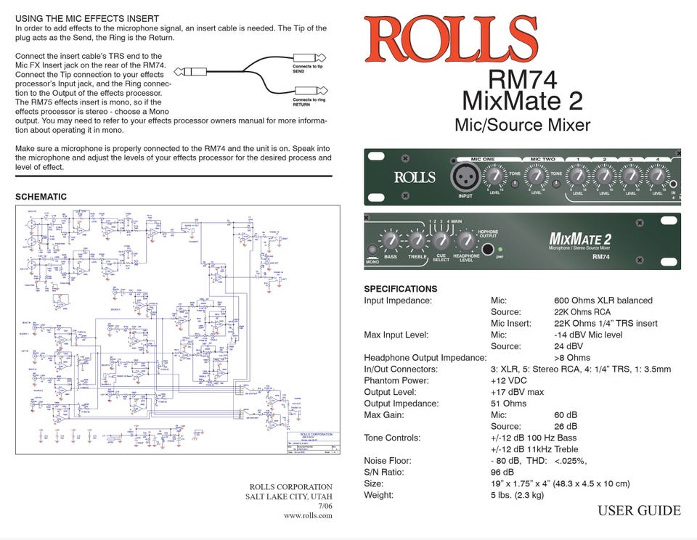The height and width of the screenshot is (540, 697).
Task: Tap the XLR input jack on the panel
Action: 465,176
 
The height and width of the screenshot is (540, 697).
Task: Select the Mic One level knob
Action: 495,175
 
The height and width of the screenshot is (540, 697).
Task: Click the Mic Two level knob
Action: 536,175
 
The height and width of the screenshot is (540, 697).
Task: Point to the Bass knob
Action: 391,240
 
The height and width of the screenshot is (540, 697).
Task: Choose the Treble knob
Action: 417,240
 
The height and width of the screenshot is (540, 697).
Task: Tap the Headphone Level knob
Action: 465,240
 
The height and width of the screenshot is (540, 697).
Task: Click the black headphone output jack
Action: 489,251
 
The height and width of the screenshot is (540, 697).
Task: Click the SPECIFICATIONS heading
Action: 400,288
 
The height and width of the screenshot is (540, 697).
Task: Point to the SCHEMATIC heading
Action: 41,197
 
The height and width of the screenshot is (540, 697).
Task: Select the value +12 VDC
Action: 508,380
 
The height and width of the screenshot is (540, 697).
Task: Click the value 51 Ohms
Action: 508,404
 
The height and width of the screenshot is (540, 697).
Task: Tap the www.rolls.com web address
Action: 308,515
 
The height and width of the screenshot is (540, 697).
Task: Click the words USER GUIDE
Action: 639,510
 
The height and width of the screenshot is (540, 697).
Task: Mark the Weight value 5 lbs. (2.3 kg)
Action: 517,495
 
